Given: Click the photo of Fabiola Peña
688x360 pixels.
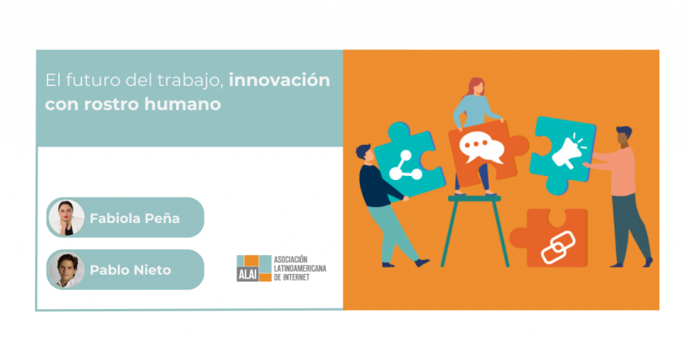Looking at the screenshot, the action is pos(67,218).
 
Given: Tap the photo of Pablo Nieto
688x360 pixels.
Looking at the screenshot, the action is pos(67,270).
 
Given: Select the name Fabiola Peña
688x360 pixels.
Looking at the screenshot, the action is pos(134,218).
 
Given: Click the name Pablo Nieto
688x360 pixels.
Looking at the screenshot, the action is pos(130,270).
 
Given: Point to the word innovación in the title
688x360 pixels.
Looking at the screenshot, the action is pos(279,80).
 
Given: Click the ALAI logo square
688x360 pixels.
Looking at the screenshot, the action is pos(254,268).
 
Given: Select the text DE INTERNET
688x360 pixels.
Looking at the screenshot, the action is pos(292,277).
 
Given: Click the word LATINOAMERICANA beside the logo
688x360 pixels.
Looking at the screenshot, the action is pos(300,269).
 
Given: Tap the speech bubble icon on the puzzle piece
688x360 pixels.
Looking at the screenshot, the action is pos(481,147).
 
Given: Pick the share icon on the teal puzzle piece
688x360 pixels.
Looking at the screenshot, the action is pos(404,166).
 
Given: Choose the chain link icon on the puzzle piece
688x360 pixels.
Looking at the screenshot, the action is pos(558,247).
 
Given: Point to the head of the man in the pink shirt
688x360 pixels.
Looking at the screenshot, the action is pos(624,136).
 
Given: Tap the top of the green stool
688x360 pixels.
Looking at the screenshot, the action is pos(474,199).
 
